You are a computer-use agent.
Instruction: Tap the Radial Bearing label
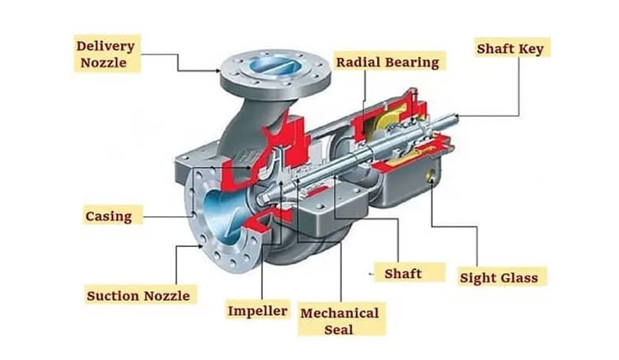click(387, 62)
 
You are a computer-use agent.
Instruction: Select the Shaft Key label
click(510, 49)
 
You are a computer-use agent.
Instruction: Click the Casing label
click(108, 215)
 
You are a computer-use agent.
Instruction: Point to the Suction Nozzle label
click(138, 295)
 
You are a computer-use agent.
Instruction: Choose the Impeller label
click(257, 310)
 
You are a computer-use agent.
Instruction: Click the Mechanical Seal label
click(339, 320)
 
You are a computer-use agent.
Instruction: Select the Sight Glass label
click(499, 278)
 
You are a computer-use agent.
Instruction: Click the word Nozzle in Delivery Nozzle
click(105, 63)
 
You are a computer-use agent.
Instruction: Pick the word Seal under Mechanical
click(339, 329)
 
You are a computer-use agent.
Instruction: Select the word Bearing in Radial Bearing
click(413, 62)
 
